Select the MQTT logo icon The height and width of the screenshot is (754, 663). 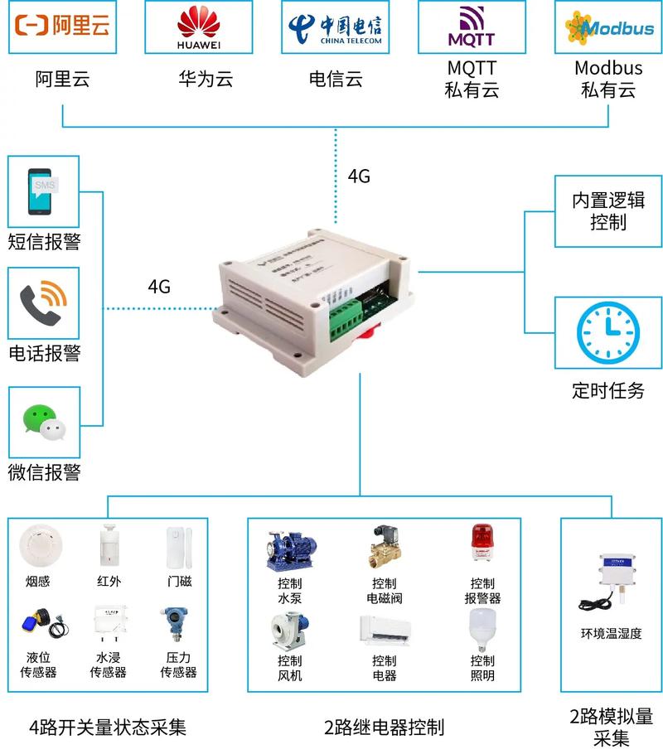pos(471,26)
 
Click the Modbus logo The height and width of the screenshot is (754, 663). pos(609,27)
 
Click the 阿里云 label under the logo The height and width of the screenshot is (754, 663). pos(62,80)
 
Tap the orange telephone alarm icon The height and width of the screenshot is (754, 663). pos(43,302)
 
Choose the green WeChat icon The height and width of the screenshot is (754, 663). pos(43,421)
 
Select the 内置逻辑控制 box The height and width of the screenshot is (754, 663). pos(607,211)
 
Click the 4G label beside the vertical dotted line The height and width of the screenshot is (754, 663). pos(358,176)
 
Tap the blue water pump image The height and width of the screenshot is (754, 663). pos(290,549)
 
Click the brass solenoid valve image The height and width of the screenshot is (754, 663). pos(383,547)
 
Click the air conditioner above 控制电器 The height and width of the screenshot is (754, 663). pos(384,632)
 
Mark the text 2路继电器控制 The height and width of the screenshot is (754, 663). pos(384,727)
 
